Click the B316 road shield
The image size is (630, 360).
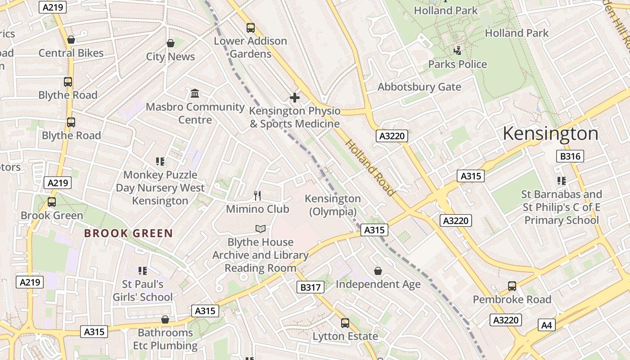(570, 156)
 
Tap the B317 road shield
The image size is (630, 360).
(310, 287)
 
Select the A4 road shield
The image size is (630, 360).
(547, 325)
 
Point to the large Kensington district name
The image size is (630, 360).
(550, 134)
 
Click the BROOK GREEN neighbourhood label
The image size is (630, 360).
(129, 233)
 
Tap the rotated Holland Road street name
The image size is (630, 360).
(370, 168)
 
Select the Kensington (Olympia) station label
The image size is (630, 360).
(333, 205)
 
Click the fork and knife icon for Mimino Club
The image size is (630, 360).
(257, 195)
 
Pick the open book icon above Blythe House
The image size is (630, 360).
(261, 229)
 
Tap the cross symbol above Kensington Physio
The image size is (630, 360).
(295, 97)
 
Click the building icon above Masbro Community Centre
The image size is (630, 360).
(195, 94)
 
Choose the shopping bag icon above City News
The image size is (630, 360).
(171, 43)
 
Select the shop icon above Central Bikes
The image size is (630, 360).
(71, 40)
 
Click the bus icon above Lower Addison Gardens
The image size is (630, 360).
(251, 28)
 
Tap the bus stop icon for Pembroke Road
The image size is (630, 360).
(512, 286)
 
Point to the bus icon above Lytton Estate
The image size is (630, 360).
(345, 323)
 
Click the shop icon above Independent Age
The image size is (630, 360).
(378, 271)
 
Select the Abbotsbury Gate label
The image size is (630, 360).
(419, 87)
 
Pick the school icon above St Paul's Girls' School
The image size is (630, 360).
(143, 270)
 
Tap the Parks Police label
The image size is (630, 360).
(457, 64)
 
